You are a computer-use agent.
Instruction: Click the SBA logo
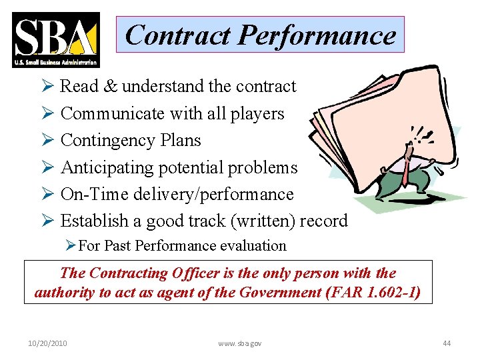(x=56, y=39)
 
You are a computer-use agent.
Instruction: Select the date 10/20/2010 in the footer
(x=47, y=343)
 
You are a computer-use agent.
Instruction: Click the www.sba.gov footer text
(x=240, y=343)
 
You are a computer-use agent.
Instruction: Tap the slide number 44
(x=447, y=343)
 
